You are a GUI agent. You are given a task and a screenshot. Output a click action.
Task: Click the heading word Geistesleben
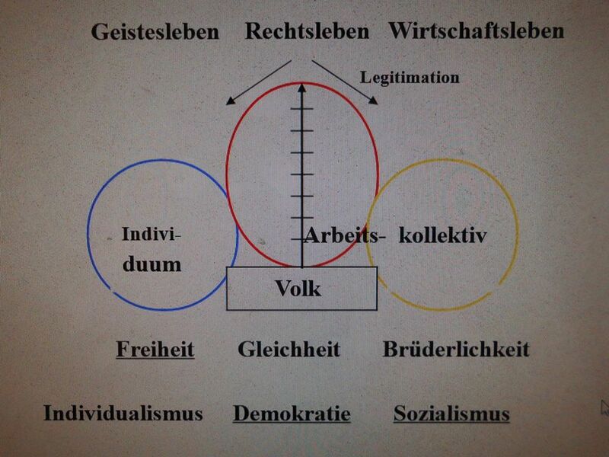pos(155,32)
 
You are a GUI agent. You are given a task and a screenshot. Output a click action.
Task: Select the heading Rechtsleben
pos(307,31)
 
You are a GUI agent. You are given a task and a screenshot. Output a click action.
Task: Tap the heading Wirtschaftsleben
pos(477,30)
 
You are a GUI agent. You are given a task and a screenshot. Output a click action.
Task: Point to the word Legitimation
pos(410,78)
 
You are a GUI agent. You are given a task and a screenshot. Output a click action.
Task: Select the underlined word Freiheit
pos(155,350)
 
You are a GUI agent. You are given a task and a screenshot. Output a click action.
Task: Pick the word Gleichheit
pos(289,350)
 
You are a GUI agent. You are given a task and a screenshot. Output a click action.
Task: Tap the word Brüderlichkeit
pos(456,349)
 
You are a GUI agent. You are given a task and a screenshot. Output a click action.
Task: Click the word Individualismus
pos(123,413)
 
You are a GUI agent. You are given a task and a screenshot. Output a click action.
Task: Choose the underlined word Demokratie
pos(292,414)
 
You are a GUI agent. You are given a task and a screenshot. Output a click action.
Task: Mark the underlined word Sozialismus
pos(451,414)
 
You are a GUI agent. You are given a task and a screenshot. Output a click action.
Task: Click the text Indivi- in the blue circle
pos(151,234)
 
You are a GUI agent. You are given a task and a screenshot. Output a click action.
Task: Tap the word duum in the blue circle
pos(151,264)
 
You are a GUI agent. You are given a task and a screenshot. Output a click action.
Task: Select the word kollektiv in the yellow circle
pos(443,235)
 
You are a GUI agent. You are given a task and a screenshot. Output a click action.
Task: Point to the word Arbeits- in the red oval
pos(345,235)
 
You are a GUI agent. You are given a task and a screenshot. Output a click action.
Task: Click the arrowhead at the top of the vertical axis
pos(301,88)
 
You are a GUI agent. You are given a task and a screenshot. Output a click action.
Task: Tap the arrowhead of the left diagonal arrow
pos(231,101)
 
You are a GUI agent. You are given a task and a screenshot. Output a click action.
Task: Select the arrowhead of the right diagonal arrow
pos(373,101)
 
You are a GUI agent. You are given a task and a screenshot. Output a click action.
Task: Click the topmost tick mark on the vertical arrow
pos(301,109)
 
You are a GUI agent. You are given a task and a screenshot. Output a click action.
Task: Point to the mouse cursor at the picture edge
pos(604,408)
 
